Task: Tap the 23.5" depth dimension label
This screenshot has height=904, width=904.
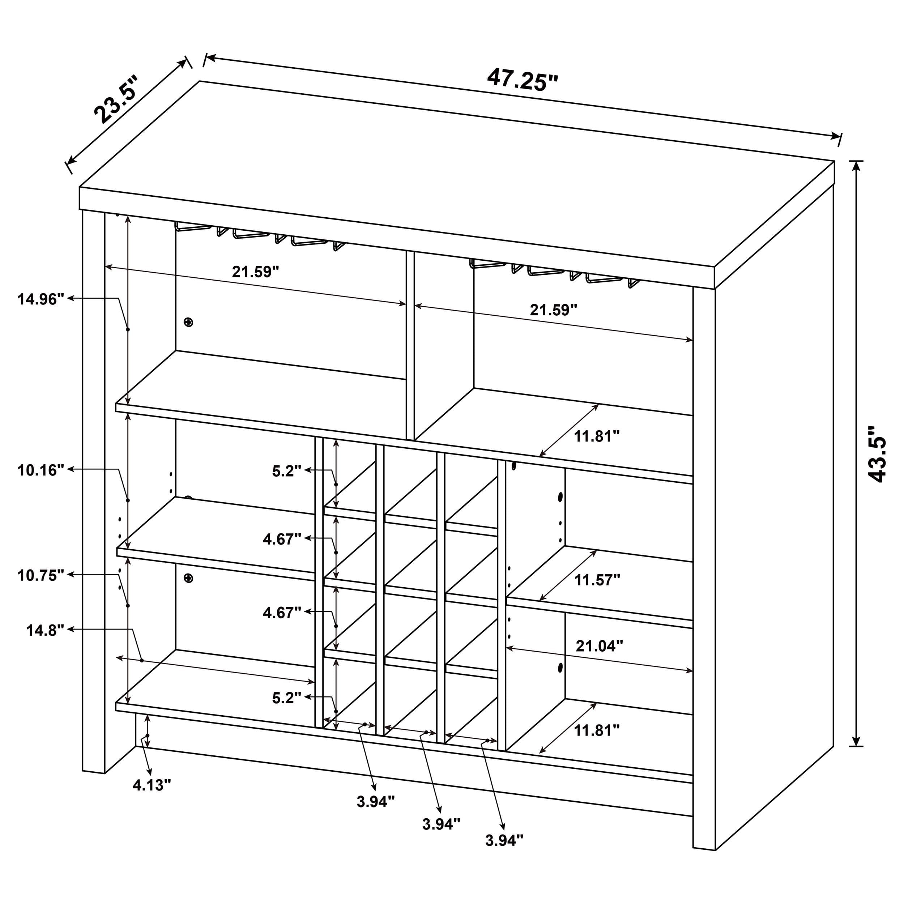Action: [116, 99]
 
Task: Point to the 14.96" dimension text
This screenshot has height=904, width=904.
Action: [41, 299]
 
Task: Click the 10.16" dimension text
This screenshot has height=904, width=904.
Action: [41, 470]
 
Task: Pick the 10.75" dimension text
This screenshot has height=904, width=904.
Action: [41, 576]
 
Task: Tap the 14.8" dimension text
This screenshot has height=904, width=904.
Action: [45, 631]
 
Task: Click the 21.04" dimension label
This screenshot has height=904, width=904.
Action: [599, 646]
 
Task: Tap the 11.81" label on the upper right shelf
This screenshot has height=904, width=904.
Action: [597, 436]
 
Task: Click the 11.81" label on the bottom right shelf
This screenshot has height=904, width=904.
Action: [597, 730]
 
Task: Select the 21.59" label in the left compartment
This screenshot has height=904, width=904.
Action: [256, 272]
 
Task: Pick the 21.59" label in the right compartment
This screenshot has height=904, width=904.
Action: [554, 310]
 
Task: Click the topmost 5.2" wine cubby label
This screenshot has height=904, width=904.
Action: [287, 471]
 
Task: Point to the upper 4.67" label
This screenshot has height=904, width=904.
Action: [282, 540]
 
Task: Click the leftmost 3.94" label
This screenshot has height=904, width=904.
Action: [376, 802]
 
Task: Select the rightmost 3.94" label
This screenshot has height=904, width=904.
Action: [504, 841]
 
